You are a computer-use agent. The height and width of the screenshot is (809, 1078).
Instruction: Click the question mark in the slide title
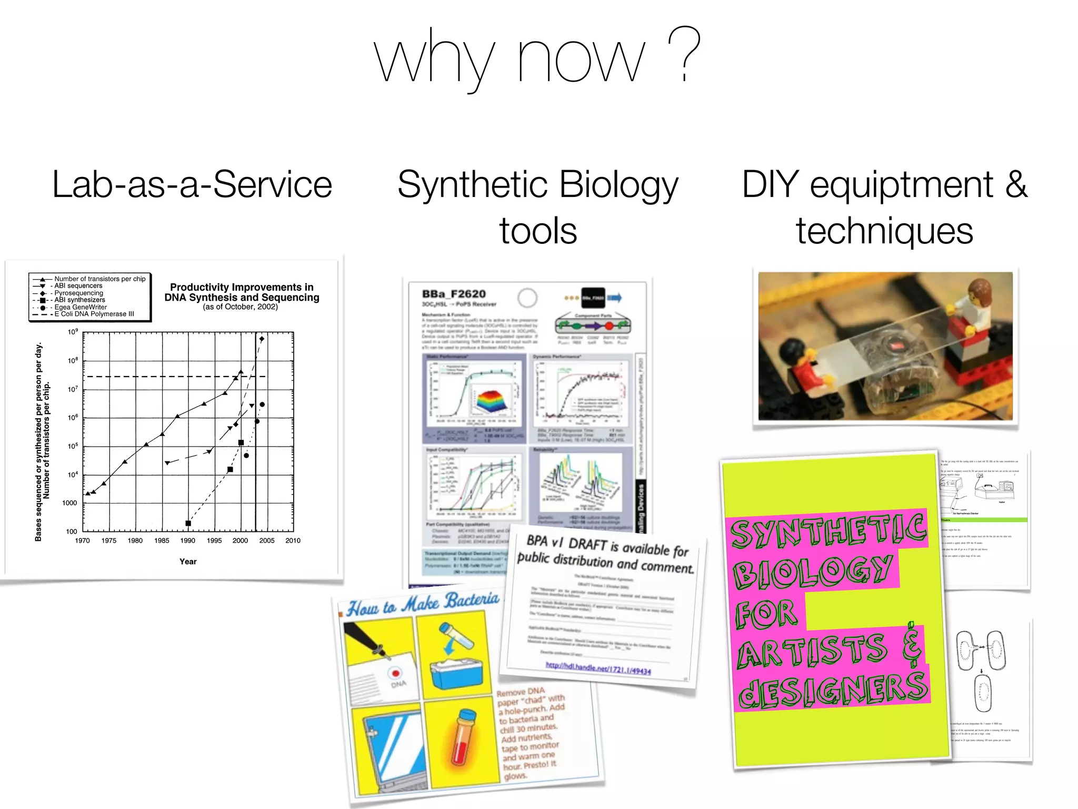pyautogui.click(x=684, y=54)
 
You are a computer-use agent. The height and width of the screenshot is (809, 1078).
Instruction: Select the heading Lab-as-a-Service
pyautogui.click(x=192, y=184)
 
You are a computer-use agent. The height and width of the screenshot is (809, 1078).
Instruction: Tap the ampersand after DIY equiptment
pyautogui.click(x=1016, y=184)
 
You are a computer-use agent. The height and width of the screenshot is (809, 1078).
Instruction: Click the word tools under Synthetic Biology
pyautogui.click(x=538, y=231)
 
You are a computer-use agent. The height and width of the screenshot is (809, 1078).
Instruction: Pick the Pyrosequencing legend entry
pyautogui.click(x=79, y=293)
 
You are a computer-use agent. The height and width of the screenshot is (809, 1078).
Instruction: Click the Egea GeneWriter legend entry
pyautogui.click(x=81, y=307)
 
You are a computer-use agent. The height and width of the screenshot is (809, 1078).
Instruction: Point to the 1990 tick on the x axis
pyautogui.click(x=188, y=540)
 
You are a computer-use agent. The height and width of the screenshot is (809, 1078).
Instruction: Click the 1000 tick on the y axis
pyautogui.click(x=69, y=503)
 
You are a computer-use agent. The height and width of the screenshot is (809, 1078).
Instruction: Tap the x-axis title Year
pyautogui.click(x=188, y=561)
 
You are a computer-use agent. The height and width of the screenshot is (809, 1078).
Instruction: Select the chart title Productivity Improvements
pyautogui.click(x=242, y=288)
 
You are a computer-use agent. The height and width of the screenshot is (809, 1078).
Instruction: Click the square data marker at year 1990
pyautogui.click(x=188, y=523)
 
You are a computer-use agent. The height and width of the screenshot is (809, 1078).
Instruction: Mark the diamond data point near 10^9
pyautogui.click(x=262, y=339)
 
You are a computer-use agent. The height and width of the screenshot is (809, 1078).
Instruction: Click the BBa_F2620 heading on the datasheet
pyautogui.click(x=454, y=294)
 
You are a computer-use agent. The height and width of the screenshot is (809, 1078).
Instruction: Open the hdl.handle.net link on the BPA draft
pyautogui.click(x=598, y=669)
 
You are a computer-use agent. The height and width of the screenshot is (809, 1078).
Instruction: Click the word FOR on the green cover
pyautogui.click(x=766, y=614)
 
